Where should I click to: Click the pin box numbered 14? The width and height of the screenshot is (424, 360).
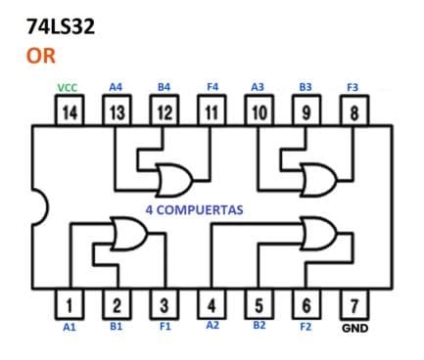click(69, 112)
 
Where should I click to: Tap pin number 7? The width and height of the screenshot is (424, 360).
click(354, 303)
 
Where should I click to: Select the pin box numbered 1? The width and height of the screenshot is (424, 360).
click(69, 303)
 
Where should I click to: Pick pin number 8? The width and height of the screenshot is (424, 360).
click(354, 112)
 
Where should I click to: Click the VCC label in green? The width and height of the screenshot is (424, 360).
click(69, 87)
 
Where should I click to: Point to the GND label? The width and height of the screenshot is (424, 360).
click(354, 328)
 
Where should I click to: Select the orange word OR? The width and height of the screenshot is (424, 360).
click(41, 55)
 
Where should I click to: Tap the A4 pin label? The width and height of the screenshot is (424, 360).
click(116, 87)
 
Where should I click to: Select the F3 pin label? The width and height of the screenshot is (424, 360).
click(353, 87)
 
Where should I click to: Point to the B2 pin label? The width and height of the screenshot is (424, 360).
click(259, 326)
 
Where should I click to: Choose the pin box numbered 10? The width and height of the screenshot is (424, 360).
click(259, 112)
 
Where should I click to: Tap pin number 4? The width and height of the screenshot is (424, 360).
click(212, 303)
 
